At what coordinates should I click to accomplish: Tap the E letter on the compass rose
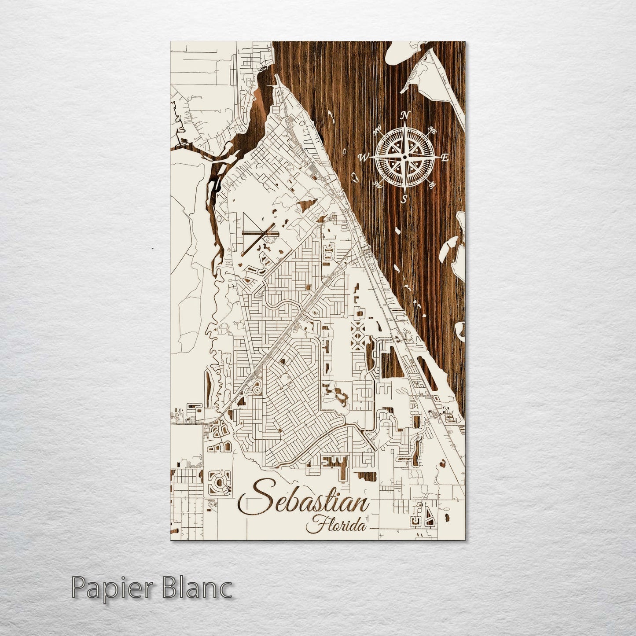click(x=445, y=158)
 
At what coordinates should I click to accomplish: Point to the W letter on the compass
click(x=364, y=157)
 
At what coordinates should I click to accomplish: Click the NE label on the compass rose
click(x=432, y=130)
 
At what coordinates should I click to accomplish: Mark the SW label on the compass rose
click(x=378, y=184)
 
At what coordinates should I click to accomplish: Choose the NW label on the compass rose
click(x=378, y=131)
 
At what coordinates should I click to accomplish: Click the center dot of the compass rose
click(x=405, y=157)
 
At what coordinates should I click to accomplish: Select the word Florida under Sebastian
click(x=338, y=525)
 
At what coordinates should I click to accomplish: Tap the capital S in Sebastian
click(x=250, y=499)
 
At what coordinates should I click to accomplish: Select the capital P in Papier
click(x=78, y=588)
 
